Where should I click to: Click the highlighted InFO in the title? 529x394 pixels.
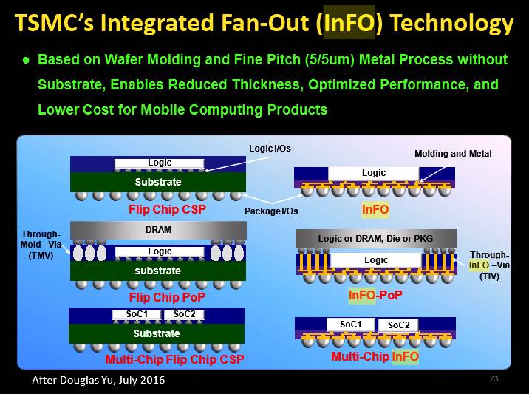point(349,23)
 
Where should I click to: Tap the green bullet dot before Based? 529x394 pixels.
point(26,61)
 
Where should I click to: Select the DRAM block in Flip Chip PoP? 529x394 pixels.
point(158,230)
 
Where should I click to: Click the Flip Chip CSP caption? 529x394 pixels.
point(167,209)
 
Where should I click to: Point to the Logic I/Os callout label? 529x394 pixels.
point(270,149)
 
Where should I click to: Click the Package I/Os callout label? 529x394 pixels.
point(271,211)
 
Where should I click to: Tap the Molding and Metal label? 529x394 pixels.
point(453,154)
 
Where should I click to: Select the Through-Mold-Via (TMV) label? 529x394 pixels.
point(41,245)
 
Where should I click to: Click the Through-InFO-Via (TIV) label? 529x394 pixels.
point(489,265)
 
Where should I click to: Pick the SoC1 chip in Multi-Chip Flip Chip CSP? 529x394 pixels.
point(137,315)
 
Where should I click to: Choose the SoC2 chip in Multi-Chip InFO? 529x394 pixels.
point(398,325)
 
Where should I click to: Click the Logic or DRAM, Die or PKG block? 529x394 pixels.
point(376,239)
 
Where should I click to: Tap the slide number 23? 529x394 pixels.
point(494,378)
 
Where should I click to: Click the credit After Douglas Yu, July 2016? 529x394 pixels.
point(98,380)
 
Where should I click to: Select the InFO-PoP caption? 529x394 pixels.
point(375,296)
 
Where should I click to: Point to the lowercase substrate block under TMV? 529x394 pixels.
point(158,271)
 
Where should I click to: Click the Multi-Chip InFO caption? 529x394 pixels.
point(375,356)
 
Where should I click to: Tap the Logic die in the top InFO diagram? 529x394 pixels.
point(373,173)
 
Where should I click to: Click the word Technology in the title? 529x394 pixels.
point(451,24)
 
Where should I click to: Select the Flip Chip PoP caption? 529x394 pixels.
point(167,297)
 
